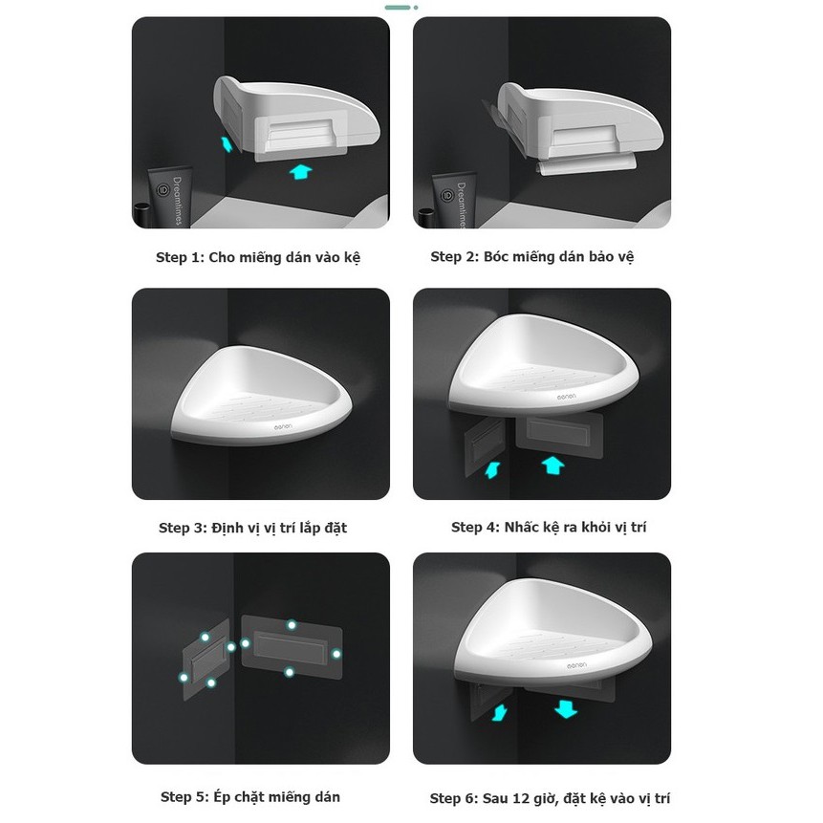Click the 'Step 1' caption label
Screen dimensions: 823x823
[x=179, y=258]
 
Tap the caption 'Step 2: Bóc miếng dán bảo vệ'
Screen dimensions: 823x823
[x=532, y=257]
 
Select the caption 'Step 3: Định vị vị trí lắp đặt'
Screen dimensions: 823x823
[x=253, y=528]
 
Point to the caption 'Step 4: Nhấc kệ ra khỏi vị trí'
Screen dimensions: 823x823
[x=549, y=528]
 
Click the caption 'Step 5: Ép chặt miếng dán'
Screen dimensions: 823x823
[x=250, y=797]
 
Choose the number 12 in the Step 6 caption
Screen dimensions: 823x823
[x=521, y=799]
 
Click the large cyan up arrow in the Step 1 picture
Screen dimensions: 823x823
[x=301, y=172]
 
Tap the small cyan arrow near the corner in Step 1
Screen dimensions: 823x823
[x=227, y=143]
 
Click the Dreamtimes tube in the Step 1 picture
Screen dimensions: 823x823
[x=170, y=197]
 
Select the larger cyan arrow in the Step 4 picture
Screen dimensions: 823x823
[x=552, y=466]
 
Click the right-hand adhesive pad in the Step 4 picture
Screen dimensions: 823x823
[x=559, y=435]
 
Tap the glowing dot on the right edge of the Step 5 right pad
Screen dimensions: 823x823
[x=336, y=654]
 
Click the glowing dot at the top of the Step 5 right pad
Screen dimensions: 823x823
[x=292, y=624]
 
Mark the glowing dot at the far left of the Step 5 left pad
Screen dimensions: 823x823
[x=184, y=678]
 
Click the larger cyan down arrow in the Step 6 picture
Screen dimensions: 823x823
[x=566, y=709]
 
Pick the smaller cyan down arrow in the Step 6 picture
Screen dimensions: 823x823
[x=500, y=713]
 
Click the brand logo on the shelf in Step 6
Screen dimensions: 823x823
[x=576, y=666]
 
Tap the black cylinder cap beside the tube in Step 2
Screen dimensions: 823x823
[x=426, y=218]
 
